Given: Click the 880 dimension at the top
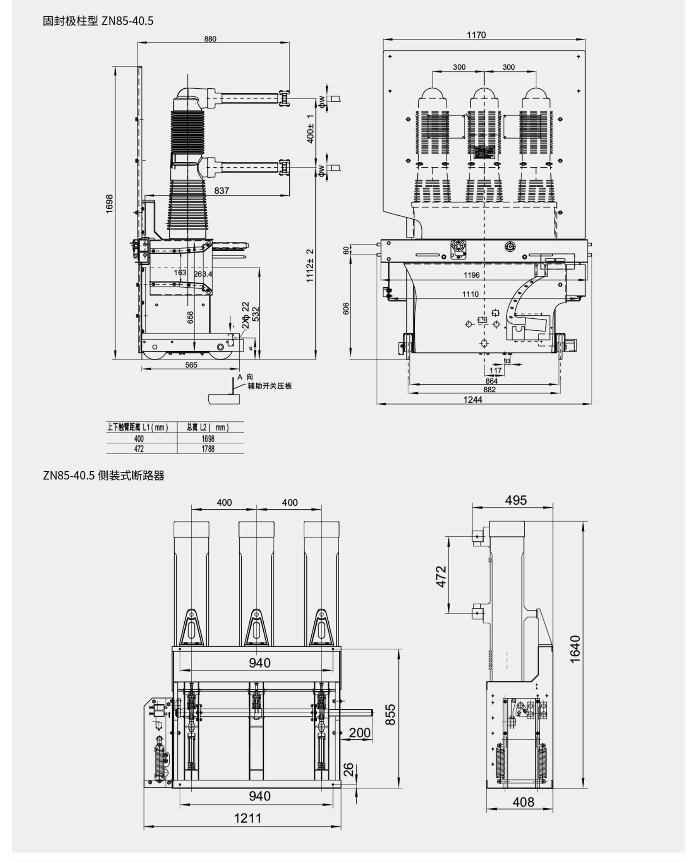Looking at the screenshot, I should [210, 39].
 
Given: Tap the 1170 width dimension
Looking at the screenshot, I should [476, 35].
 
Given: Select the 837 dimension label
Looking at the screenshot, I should [221, 190].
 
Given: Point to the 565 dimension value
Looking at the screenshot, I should [191, 365].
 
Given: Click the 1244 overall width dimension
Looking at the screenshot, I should [472, 400].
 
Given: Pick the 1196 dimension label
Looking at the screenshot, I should [471, 275].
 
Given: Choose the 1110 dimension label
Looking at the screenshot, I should [470, 294].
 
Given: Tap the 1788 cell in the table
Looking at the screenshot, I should [208, 449].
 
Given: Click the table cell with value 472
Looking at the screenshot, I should [139, 449].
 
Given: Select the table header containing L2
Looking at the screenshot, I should [208, 427].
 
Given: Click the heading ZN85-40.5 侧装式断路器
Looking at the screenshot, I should [104, 476].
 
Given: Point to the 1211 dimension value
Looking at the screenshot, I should [248, 818].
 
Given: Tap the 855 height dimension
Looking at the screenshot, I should [390, 714].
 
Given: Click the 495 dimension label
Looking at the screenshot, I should [515, 500].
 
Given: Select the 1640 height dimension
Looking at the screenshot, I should [575, 649].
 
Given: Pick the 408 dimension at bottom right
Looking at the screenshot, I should [523, 802].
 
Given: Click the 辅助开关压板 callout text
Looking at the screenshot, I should [270, 386].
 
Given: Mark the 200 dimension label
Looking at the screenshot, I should [359, 733].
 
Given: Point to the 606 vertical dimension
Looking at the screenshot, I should [346, 308].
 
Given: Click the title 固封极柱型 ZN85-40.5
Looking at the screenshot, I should [98, 21].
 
